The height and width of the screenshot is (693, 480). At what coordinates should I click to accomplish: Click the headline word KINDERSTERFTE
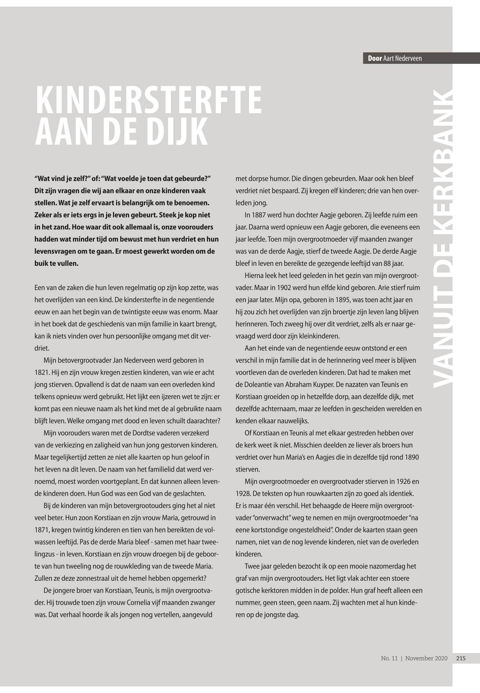point(149,100)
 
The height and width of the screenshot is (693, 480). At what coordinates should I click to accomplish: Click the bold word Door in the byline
point(375,58)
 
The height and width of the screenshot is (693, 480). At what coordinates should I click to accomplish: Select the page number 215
point(461,658)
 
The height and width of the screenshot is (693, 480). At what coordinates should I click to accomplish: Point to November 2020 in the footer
point(426,658)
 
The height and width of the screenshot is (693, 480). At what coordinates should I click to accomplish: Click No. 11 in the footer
point(389,658)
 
